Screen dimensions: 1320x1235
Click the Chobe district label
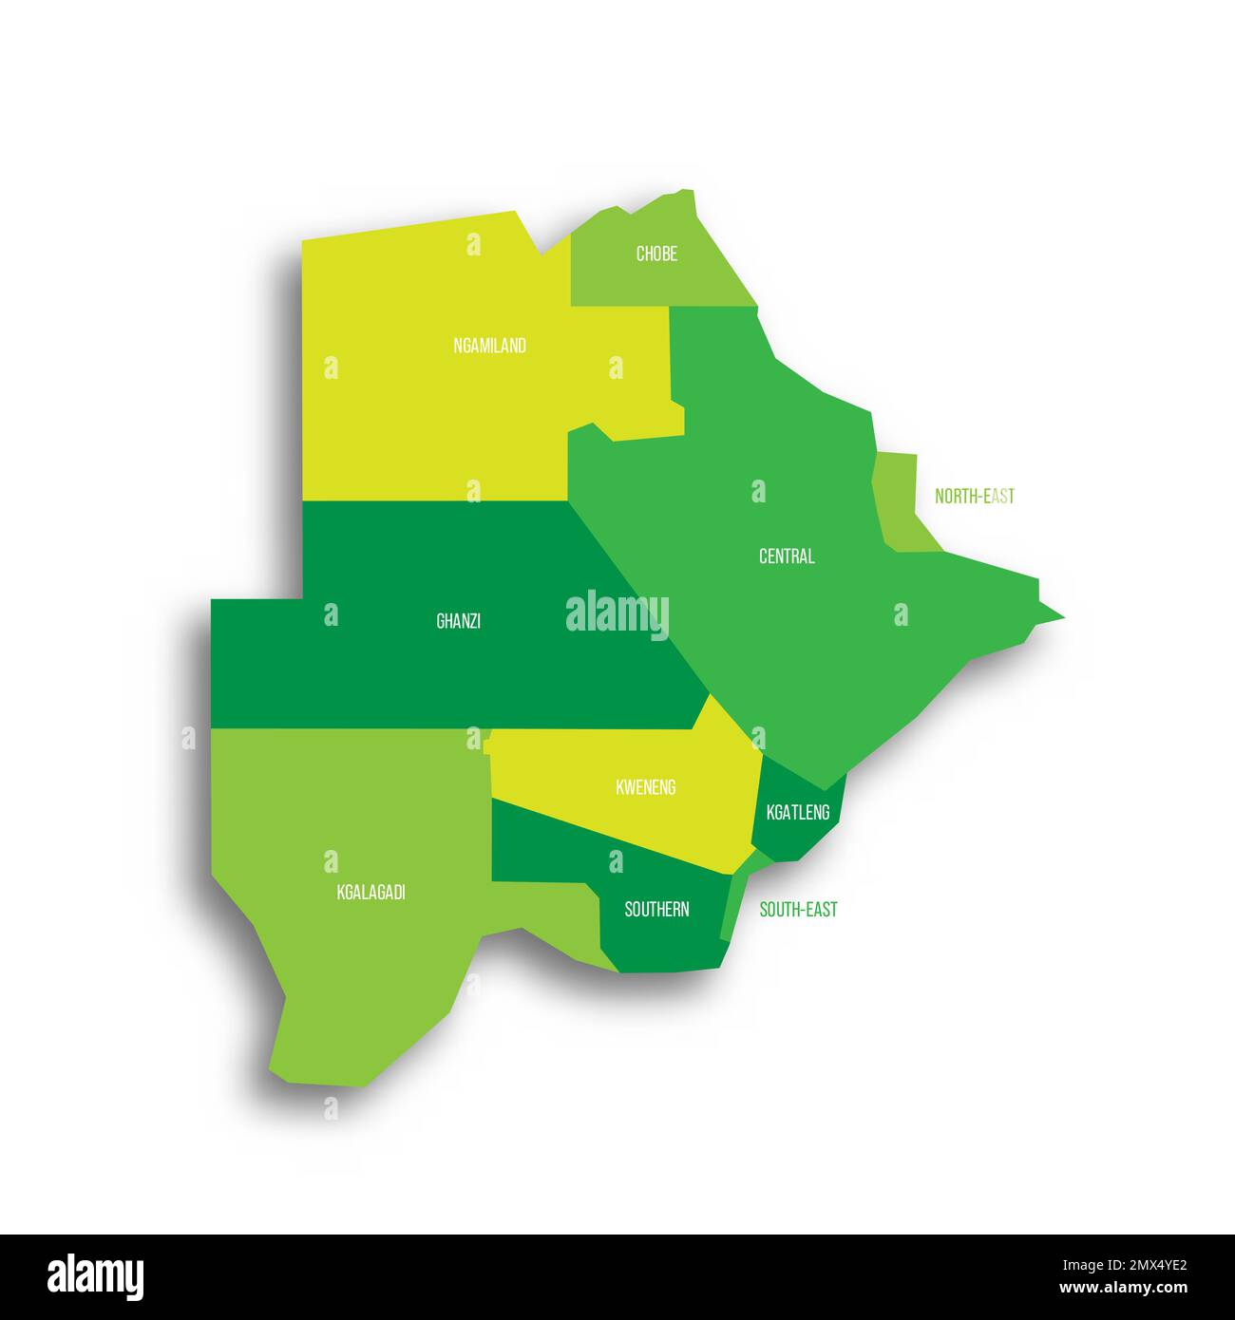[x=656, y=255]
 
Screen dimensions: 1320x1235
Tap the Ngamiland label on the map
[x=489, y=346]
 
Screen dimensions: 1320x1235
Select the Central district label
[x=787, y=556]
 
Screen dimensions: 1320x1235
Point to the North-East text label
[x=974, y=496]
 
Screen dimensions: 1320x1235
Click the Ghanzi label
[x=458, y=621]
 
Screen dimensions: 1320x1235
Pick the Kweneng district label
[x=645, y=787]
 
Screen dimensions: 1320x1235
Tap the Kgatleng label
[x=797, y=812]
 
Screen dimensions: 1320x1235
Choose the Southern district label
[x=656, y=910]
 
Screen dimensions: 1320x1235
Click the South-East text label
[x=798, y=910]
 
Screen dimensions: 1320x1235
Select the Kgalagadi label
[x=370, y=893]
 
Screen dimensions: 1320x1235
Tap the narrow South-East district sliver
[x=734, y=902]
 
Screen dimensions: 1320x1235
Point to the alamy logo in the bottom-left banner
[x=95, y=1277]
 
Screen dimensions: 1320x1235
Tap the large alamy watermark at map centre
[x=617, y=615]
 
